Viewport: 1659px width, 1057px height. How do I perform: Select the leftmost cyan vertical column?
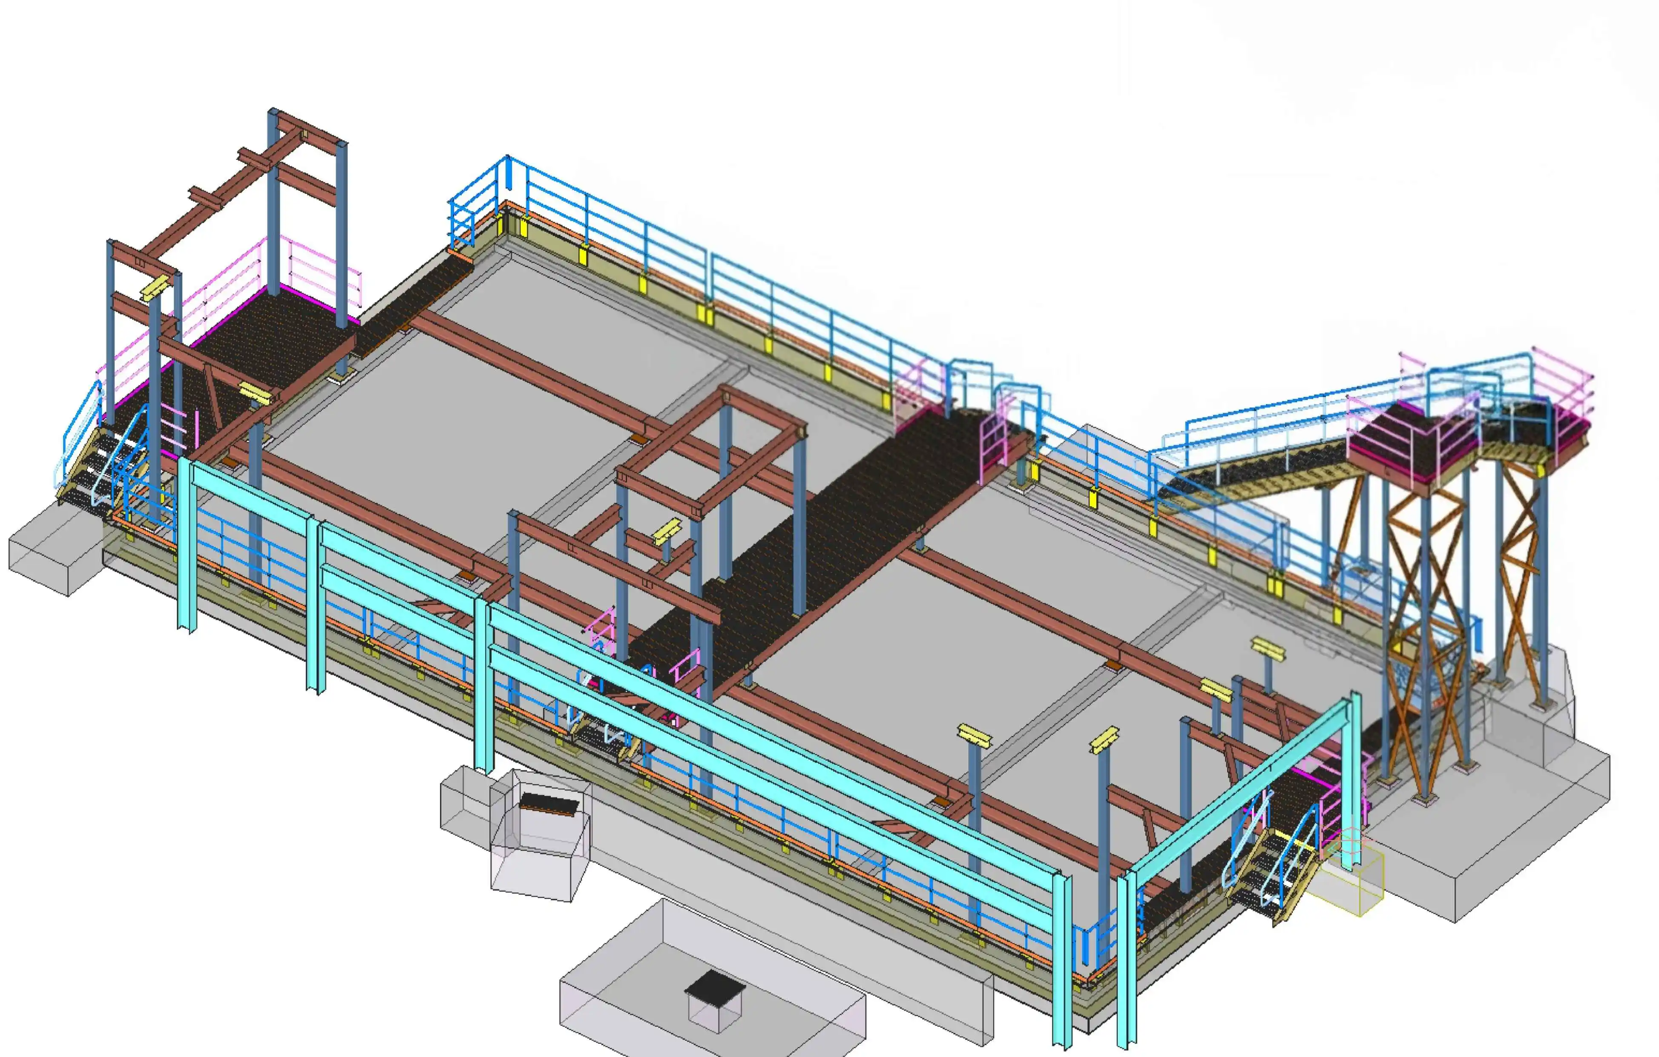click(186, 544)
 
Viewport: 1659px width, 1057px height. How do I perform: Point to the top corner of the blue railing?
click(508, 160)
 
